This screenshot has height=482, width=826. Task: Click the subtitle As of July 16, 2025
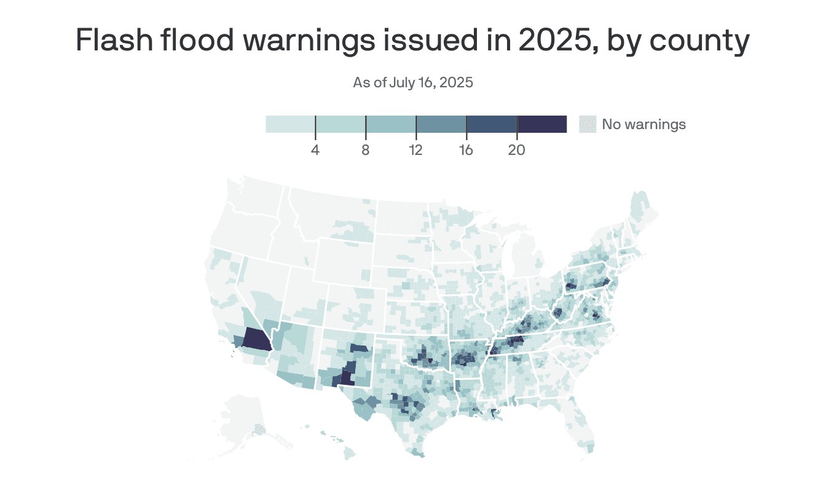(x=413, y=82)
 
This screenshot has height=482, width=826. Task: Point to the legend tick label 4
(x=315, y=150)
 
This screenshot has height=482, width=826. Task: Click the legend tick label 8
(x=366, y=150)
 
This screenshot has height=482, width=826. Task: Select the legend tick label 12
(x=416, y=150)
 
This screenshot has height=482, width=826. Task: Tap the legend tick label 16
(x=466, y=150)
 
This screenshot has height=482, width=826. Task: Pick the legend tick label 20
(x=517, y=150)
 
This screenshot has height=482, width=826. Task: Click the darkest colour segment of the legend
(x=542, y=124)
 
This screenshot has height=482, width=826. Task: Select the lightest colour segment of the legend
(x=290, y=124)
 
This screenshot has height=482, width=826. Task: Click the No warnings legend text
(x=643, y=124)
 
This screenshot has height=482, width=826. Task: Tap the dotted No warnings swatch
(x=588, y=124)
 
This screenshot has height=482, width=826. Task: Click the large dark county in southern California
(x=256, y=339)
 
